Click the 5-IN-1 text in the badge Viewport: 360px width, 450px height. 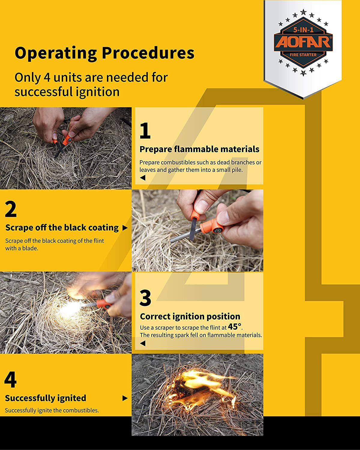[x=303, y=30]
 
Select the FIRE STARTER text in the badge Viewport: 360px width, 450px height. [x=303, y=55]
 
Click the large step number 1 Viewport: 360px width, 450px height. [x=145, y=130]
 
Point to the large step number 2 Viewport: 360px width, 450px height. [x=11, y=209]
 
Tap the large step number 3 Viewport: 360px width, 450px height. [x=145, y=298]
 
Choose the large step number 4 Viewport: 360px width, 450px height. [x=10, y=379]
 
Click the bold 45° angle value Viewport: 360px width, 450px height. [x=234, y=326]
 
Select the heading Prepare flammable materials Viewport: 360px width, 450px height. [x=199, y=149]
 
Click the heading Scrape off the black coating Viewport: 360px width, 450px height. [x=62, y=227]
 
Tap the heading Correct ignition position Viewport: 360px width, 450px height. [x=190, y=316]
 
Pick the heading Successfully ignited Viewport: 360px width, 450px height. [x=46, y=398]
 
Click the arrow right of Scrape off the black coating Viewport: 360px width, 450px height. [x=125, y=228]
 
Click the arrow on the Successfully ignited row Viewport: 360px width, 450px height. [x=125, y=398]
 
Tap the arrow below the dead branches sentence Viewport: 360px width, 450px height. [x=143, y=178]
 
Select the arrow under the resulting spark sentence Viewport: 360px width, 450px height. [x=143, y=343]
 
